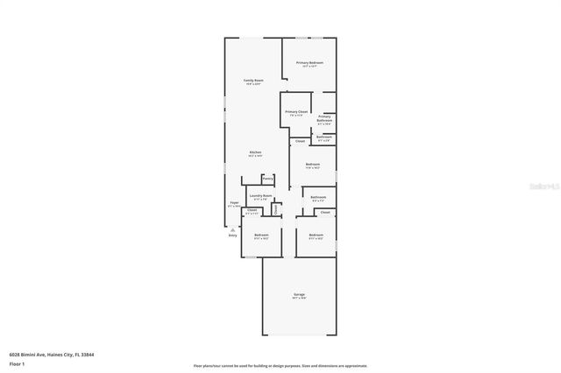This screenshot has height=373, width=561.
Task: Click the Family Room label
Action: click(x=252, y=81)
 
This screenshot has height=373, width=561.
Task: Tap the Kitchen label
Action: click(x=255, y=152)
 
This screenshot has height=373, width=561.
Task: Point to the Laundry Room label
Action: click(x=260, y=196)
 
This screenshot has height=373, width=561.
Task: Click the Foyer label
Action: click(x=234, y=203)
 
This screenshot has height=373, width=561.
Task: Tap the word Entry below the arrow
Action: click(x=232, y=236)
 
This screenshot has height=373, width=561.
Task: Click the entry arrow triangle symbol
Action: click(x=232, y=229)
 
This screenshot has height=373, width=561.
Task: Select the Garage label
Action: click(x=299, y=295)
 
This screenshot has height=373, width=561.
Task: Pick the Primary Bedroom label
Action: click(x=309, y=63)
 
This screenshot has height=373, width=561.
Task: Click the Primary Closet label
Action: click(x=296, y=112)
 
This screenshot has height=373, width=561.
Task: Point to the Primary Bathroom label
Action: click(x=324, y=119)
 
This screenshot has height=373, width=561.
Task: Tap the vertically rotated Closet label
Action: click(x=277, y=209)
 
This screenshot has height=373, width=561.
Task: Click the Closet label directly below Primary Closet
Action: click(x=300, y=141)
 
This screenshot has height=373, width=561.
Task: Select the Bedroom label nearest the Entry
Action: click(x=261, y=235)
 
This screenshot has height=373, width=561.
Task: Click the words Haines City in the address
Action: click(x=58, y=354)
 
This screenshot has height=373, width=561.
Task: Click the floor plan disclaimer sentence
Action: click(x=280, y=365)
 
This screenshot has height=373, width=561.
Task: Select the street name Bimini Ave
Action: click(x=31, y=354)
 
